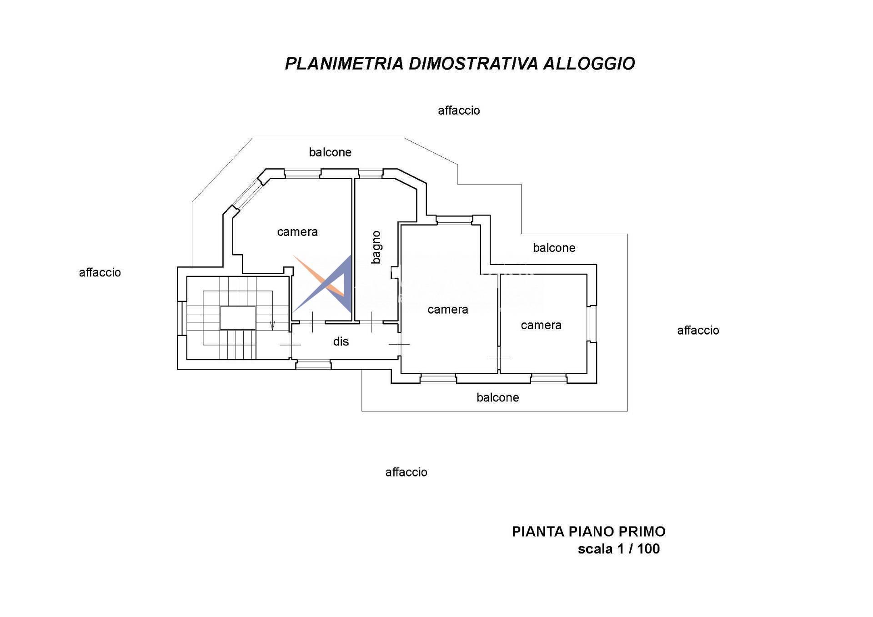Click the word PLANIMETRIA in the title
click(x=344, y=64)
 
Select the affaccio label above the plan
click(x=458, y=110)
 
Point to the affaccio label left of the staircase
click(x=100, y=272)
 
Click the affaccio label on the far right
click(x=697, y=331)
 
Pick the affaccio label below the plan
click(x=406, y=472)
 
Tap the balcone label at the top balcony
click(x=330, y=152)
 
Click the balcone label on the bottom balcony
click(x=497, y=398)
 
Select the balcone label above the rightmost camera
click(x=554, y=248)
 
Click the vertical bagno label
click(x=376, y=247)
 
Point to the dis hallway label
click(x=341, y=341)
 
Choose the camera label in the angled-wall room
click(x=297, y=232)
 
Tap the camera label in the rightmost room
click(x=541, y=325)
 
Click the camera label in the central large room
click(x=447, y=310)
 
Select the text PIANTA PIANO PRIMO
click(x=588, y=531)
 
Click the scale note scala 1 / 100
click(x=618, y=549)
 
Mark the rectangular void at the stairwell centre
click(x=237, y=318)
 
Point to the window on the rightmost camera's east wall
click(x=592, y=323)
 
